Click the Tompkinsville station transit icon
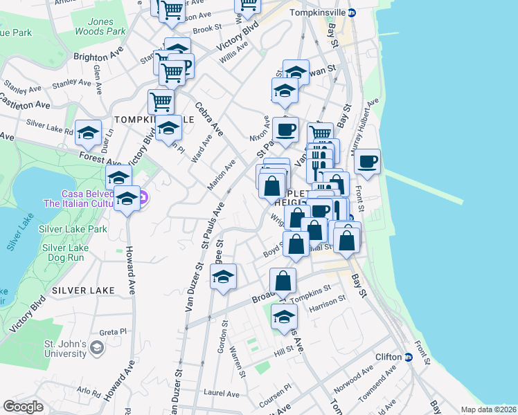click(x=352, y=12)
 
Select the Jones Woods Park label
click(x=100, y=26)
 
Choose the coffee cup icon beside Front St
click(x=367, y=163)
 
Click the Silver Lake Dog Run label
click(x=65, y=252)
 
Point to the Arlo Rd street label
click(x=89, y=390)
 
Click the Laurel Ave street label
click(x=221, y=393)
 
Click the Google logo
click(x=23, y=407)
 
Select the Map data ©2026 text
click(x=489, y=409)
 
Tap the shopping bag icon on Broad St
click(x=283, y=281)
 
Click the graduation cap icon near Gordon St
click(x=223, y=278)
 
